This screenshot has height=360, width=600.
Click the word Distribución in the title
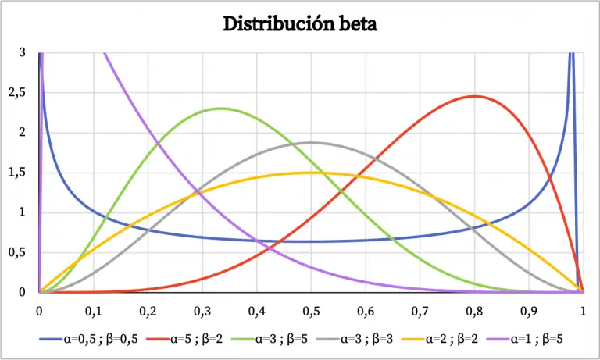[x=270, y=24]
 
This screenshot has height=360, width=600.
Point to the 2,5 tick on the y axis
[x=16, y=92]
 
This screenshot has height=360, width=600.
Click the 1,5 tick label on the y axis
[x=16, y=173]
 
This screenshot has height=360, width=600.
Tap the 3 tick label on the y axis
[x=22, y=52]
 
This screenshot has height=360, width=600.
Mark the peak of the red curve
[x=474, y=96]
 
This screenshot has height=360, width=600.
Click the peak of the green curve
[x=221, y=109]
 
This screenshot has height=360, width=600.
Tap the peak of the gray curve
[x=312, y=142]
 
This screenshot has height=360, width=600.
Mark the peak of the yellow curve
[x=312, y=173]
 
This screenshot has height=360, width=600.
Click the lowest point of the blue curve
[x=312, y=241]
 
